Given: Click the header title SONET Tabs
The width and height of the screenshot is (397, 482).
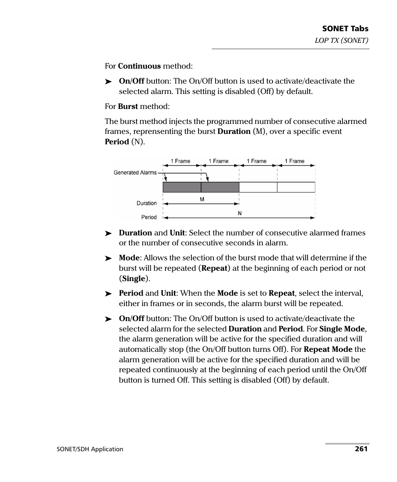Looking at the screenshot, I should coord(345,29).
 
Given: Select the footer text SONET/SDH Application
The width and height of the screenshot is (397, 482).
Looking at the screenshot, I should coord(90,449).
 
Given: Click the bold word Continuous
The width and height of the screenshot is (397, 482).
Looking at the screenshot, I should coord(139,66).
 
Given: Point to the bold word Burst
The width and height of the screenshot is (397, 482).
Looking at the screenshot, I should coord(128,106).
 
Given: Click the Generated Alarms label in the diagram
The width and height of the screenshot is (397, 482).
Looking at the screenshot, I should coord(135,173).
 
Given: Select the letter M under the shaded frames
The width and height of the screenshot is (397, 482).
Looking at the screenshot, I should coord(202,200).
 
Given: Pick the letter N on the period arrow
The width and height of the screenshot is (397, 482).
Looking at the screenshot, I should coord(240,213).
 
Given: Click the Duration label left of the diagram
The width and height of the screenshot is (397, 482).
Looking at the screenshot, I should coord(146,203).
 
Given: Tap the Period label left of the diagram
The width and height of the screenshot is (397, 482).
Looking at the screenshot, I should coord(149,217).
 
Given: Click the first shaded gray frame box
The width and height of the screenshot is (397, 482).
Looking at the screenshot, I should coord(182,187).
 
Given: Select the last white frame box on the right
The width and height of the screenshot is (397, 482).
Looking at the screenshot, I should coord(296,187).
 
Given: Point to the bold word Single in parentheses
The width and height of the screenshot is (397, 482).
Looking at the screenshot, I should coord(134,279).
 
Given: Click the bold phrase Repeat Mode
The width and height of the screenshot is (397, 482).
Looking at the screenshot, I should coord(328,349).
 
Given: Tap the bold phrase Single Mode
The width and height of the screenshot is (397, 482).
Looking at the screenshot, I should coord(342,329).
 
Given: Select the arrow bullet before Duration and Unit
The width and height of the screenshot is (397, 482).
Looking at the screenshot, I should coord(109,233).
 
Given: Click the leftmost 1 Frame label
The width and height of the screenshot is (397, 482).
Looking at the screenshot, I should coord(181,161).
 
